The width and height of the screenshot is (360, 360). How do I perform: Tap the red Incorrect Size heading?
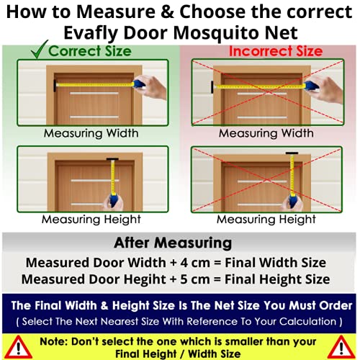point(276,51)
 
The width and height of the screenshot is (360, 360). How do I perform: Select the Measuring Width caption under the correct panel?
point(91,133)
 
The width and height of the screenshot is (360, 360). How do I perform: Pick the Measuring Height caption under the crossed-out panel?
point(266,220)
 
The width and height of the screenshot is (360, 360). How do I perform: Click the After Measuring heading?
point(173,243)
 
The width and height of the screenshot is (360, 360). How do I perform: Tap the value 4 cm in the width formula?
point(195,263)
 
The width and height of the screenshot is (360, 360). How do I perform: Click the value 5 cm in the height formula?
point(195,279)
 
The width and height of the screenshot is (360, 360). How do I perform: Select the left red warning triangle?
point(18,347)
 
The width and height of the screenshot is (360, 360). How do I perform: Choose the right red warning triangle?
point(341,347)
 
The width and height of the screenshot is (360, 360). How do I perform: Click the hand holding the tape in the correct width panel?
point(153,86)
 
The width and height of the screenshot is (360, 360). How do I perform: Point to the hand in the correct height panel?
point(114,204)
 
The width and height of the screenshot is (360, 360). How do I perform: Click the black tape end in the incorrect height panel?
point(292,153)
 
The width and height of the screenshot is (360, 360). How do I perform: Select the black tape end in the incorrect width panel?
point(212,87)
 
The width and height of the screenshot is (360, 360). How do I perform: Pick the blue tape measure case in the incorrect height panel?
point(293,201)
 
